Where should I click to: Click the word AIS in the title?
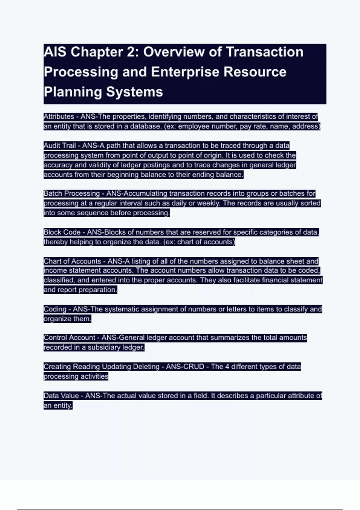click(55, 52)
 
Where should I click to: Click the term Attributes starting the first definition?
click(59, 116)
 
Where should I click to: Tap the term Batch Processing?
click(72, 193)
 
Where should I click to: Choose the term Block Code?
click(62, 232)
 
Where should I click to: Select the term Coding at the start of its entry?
click(55, 309)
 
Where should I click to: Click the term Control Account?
click(69, 338)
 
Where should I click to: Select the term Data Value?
click(61, 396)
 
